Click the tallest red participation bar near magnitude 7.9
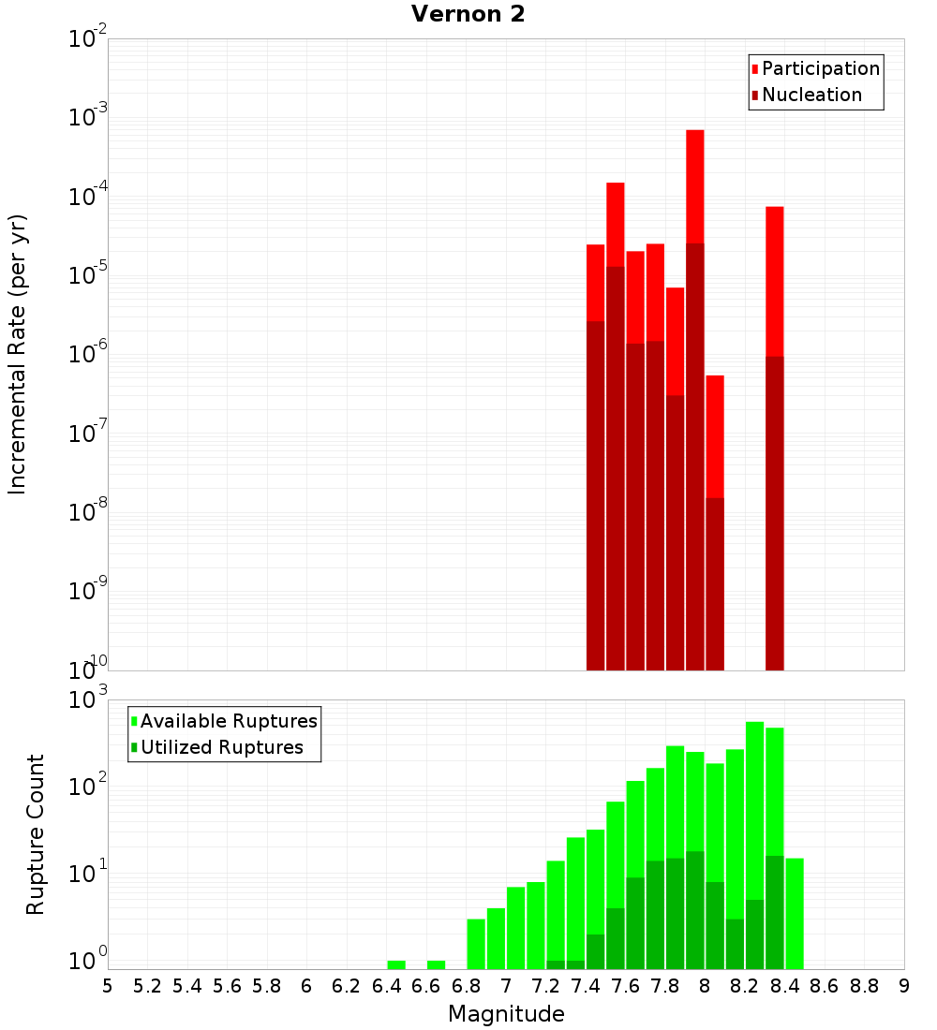(694, 187)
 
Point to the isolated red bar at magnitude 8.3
(774, 281)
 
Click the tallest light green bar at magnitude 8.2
(754, 805)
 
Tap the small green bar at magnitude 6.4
(396, 964)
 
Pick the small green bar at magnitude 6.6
(436, 964)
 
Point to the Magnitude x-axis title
(506, 1014)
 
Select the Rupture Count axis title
(36, 833)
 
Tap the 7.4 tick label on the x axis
(586, 986)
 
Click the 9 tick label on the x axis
(904, 986)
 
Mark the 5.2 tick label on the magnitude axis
(147, 986)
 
